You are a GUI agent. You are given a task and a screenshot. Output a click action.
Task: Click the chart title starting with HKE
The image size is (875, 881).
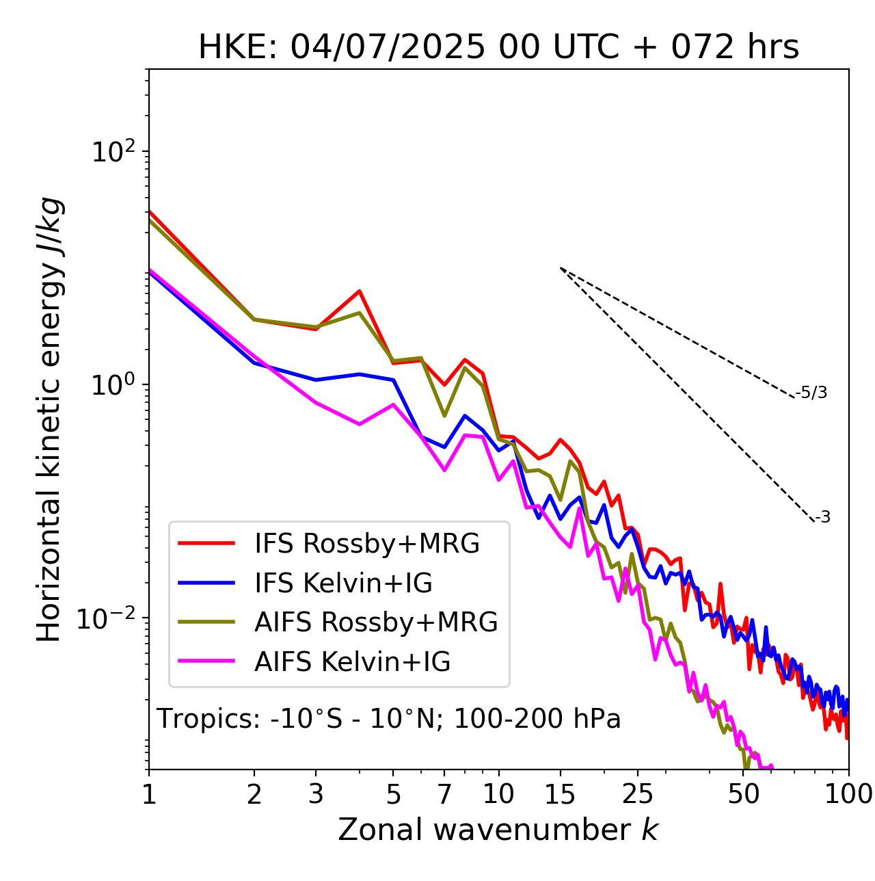click(498, 48)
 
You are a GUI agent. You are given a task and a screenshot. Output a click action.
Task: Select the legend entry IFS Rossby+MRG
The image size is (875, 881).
click(366, 544)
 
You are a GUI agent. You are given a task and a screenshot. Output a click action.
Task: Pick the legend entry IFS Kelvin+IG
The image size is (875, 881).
click(343, 583)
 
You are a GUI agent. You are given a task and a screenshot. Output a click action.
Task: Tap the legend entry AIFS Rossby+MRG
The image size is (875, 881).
click(376, 622)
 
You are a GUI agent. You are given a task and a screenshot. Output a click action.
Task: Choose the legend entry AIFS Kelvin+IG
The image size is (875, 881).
click(352, 662)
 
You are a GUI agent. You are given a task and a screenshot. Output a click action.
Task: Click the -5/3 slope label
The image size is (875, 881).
click(811, 393)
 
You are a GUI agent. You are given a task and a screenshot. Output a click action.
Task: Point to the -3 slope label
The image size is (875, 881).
click(822, 518)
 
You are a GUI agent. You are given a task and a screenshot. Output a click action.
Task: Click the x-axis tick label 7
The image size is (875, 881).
click(444, 794)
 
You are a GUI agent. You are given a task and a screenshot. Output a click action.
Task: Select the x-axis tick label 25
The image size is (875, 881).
click(638, 794)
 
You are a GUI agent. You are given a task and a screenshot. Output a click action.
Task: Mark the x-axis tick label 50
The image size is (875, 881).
click(744, 794)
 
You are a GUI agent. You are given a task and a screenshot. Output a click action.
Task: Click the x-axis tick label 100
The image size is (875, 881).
click(848, 794)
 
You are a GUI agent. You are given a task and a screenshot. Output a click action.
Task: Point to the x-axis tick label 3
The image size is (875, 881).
click(316, 794)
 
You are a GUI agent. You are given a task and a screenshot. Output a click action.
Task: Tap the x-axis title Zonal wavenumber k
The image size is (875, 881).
click(498, 830)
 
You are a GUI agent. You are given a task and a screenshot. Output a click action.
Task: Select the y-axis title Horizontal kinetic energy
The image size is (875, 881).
click(50, 420)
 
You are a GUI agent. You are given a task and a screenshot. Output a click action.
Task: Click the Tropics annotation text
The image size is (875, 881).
click(389, 720)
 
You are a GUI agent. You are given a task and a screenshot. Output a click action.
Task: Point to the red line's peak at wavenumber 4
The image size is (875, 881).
click(360, 291)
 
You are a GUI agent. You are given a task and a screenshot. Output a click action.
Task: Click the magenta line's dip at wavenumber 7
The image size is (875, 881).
click(444, 471)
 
